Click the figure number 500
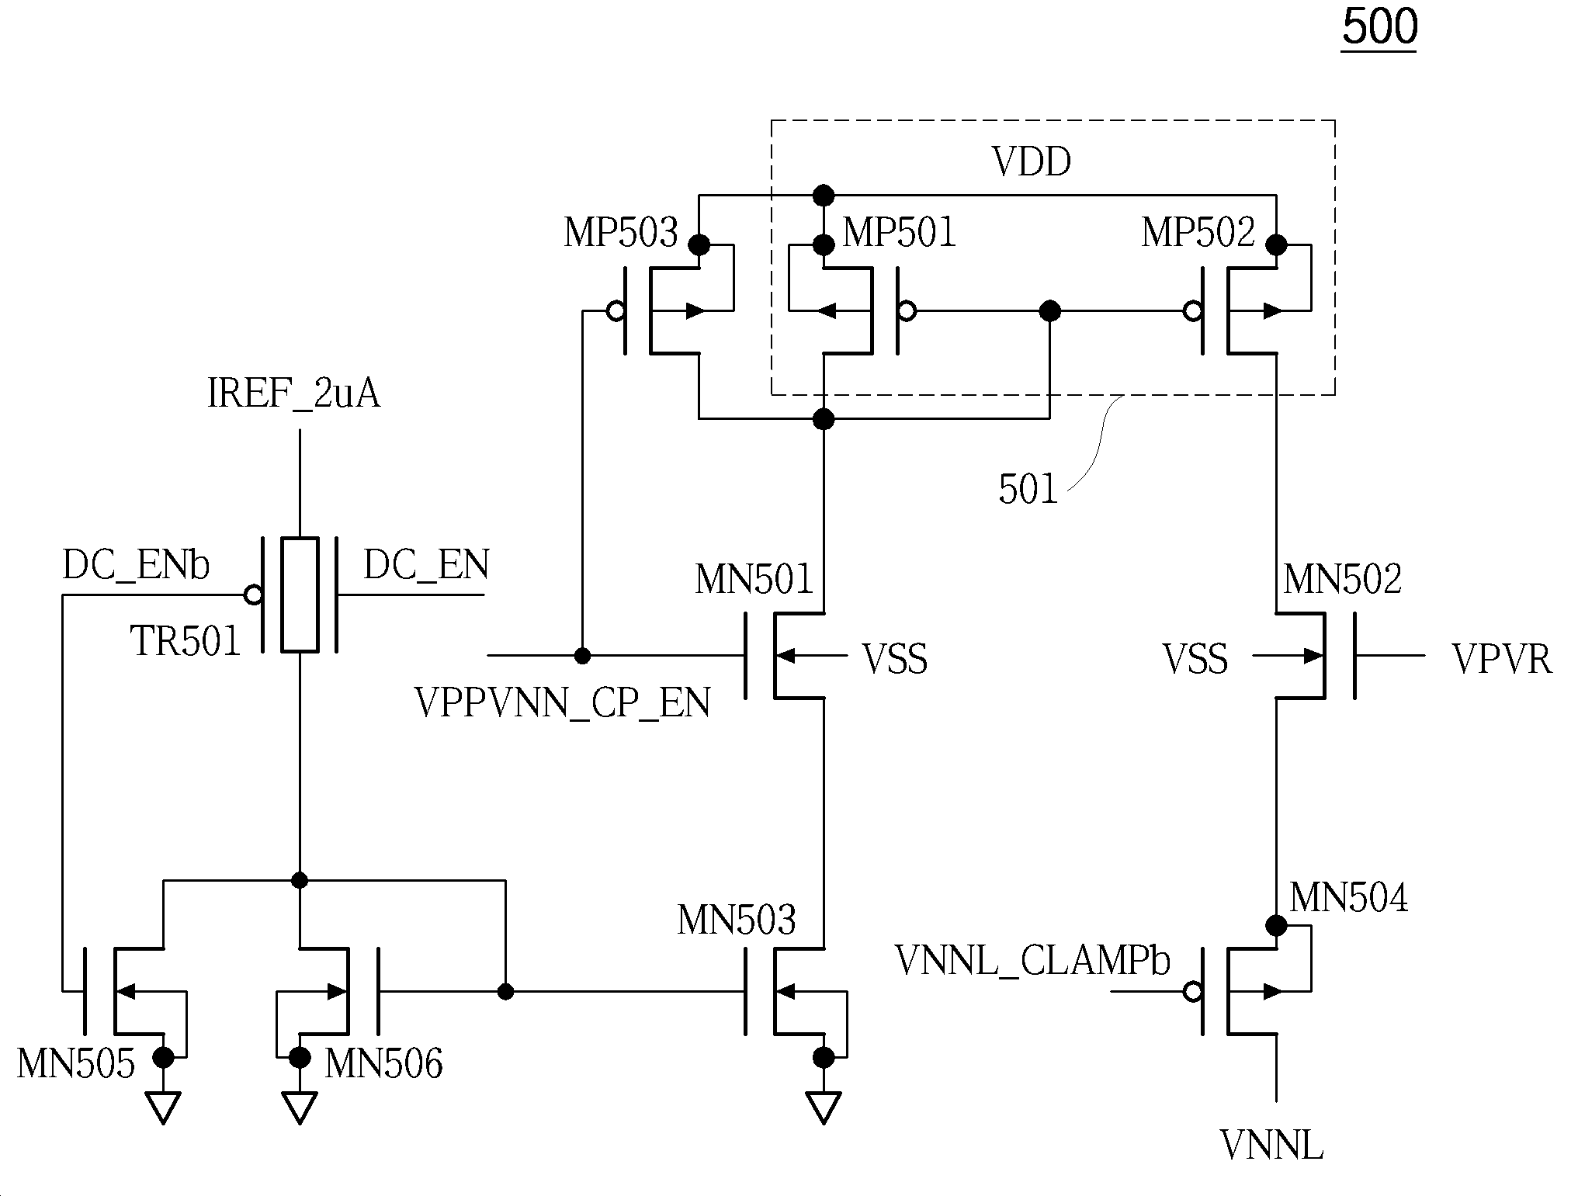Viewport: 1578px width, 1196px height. (x=1379, y=27)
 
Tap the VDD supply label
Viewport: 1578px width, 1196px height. (x=1032, y=162)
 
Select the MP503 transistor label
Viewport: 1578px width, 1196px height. (x=620, y=232)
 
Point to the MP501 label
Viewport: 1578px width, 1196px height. (x=900, y=232)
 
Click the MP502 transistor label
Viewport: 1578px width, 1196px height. (x=1198, y=232)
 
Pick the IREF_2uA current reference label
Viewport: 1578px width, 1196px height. (x=294, y=393)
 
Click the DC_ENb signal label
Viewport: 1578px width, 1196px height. (x=136, y=566)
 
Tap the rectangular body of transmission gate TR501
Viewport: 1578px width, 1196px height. (x=300, y=595)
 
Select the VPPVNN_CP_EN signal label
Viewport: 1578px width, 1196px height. (x=563, y=703)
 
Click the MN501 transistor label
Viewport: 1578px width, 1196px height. (x=754, y=580)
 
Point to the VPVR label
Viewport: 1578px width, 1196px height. (x=1502, y=660)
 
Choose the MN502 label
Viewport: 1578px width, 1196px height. (x=1343, y=580)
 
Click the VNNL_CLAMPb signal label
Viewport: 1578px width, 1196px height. (x=1032, y=961)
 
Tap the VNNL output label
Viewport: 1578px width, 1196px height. (x=1271, y=1146)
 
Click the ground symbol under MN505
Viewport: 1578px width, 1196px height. (x=163, y=1108)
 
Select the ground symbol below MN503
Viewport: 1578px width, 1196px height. (x=823, y=1108)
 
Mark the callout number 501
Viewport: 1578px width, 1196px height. (x=1028, y=490)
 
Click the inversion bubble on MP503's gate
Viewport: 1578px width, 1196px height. (x=616, y=311)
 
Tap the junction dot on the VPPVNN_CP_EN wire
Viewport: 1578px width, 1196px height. (x=582, y=656)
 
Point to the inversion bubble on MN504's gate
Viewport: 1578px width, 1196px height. (x=1193, y=991)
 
